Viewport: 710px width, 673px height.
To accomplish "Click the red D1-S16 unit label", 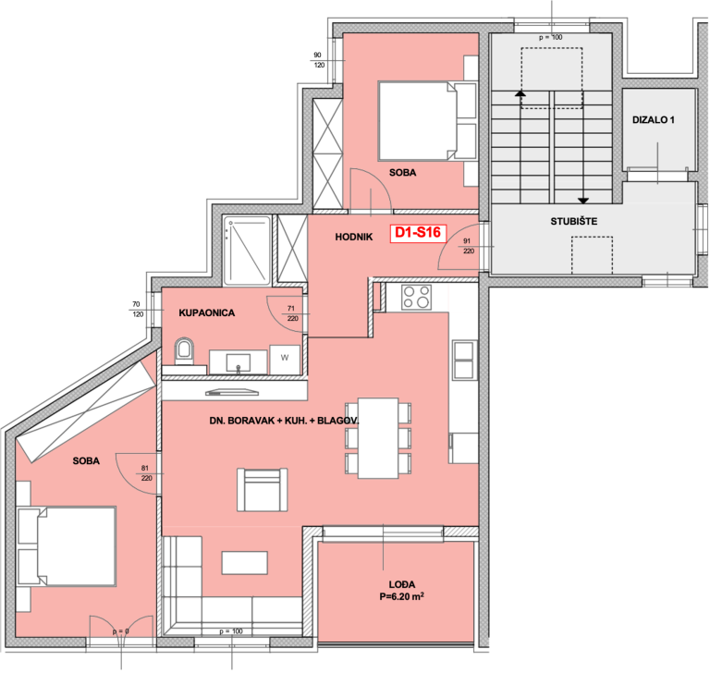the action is tap(418, 233).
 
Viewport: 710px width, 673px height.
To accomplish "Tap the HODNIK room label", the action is tap(354, 237).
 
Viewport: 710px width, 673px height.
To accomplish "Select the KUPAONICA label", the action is tap(206, 313).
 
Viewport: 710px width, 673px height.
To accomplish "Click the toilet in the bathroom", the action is tap(184, 351).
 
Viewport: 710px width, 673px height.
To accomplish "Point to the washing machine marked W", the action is tap(285, 359).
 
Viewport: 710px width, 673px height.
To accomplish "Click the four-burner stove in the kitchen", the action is tap(417, 297).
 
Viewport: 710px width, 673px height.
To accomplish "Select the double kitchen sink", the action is tap(464, 360).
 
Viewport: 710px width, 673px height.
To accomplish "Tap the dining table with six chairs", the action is tap(378, 438).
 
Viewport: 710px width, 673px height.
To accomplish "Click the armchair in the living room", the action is tap(263, 490).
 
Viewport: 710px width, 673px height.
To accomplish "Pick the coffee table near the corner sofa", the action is tap(244, 562).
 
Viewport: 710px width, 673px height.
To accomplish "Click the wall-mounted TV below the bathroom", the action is tap(232, 392).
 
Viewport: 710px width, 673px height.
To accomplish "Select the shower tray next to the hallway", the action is tap(247, 251).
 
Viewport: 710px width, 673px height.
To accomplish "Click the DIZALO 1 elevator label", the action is tap(653, 120).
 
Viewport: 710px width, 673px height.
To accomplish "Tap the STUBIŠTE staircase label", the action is tap(574, 222).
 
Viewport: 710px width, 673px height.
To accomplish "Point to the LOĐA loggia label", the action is tap(401, 584).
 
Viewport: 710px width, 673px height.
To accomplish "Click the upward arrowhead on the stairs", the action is tap(520, 93).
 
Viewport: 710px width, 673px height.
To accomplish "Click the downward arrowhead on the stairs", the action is tap(583, 201).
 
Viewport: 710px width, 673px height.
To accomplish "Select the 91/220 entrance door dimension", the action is tap(468, 246).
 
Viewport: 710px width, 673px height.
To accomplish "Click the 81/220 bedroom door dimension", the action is tap(146, 473).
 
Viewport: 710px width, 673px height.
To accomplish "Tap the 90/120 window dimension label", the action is tap(319, 60).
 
